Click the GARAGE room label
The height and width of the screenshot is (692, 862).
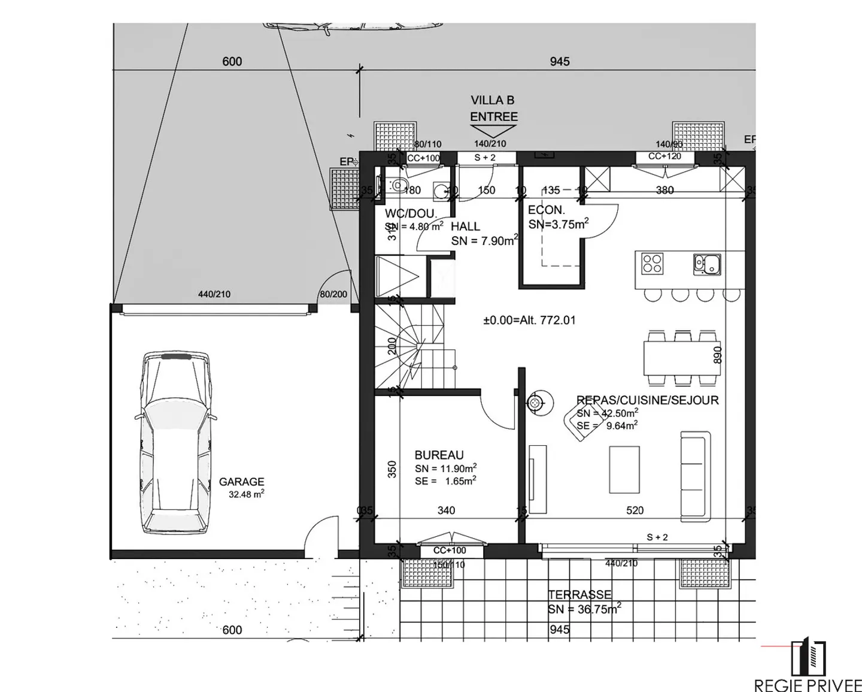[x=241, y=482]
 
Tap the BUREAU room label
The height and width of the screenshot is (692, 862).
[x=439, y=455]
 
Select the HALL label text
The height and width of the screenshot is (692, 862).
[x=465, y=226]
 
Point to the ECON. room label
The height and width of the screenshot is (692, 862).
[x=546, y=210]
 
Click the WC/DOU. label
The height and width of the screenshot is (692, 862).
[x=411, y=213]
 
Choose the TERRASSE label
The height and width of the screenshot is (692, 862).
[x=579, y=594]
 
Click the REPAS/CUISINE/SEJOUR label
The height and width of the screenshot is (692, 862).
[x=647, y=400]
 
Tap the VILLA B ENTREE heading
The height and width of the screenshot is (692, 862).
[x=493, y=108]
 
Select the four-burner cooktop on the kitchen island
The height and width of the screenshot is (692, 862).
[x=652, y=264]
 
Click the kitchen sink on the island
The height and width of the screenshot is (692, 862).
[x=706, y=264]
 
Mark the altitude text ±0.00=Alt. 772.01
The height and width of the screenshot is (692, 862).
[x=529, y=320]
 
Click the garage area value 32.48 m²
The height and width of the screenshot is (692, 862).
[x=246, y=495]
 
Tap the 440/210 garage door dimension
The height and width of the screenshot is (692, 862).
[x=214, y=294]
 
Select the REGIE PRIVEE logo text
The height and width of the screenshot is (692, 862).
[x=808, y=684]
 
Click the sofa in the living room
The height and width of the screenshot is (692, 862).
[x=695, y=475]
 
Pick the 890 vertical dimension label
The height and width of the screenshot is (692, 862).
[x=718, y=355]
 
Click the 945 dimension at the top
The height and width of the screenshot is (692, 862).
[x=559, y=62]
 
